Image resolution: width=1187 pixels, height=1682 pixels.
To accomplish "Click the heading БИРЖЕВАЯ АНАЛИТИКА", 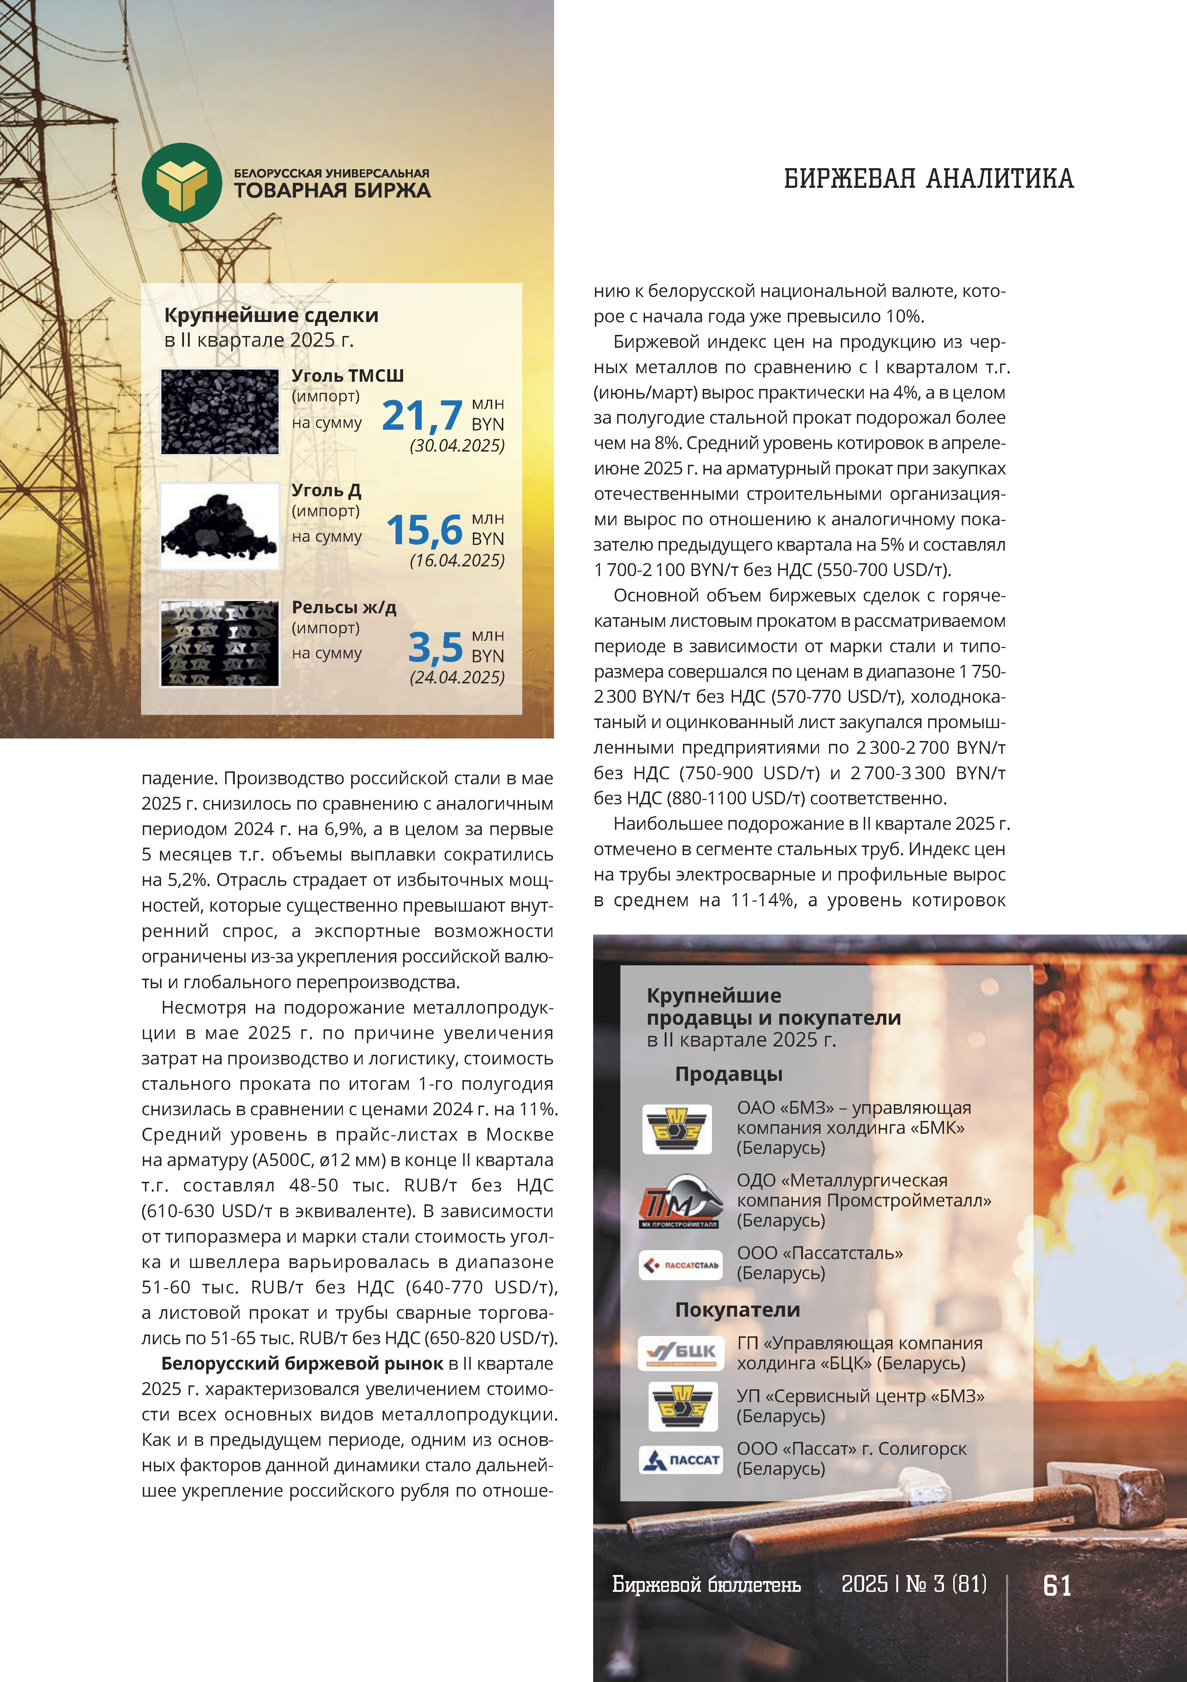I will click(x=928, y=179).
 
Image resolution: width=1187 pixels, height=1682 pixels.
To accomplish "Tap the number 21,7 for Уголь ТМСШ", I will click(x=422, y=415).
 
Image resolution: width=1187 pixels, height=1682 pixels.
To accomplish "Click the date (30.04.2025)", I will click(x=457, y=445).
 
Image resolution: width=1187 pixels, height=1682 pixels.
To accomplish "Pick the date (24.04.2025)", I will click(x=457, y=678).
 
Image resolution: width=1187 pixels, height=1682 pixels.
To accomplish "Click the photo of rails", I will click(x=220, y=643).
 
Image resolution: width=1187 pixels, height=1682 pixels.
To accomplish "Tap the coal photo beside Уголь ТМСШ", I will click(x=220, y=412).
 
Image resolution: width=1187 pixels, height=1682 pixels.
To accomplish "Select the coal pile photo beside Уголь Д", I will click(x=220, y=526).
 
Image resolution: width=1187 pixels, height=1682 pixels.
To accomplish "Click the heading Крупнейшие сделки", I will click(x=271, y=316).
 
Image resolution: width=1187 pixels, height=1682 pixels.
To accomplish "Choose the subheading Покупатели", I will click(x=737, y=1310).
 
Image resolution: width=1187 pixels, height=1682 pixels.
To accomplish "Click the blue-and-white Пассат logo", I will click(x=680, y=1459).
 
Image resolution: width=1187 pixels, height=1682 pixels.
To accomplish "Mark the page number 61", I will click(x=1057, y=1586).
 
